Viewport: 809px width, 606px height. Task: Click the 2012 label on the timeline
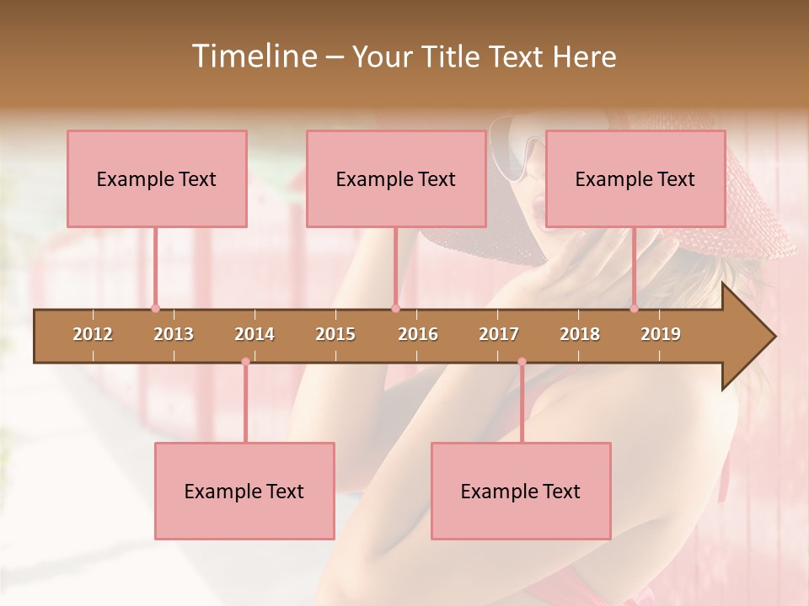pyautogui.click(x=93, y=334)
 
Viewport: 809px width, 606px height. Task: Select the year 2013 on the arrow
pyautogui.click(x=174, y=334)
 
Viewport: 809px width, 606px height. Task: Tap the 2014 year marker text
pyautogui.click(x=254, y=334)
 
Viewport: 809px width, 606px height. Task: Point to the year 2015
pyautogui.click(x=335, y=334)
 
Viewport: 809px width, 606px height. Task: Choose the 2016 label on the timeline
pyautogui.click(x=418, y=334)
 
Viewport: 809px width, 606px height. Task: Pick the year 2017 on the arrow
pyautogui.click(x=499, y=334)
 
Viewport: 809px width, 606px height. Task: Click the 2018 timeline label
pyautogui.click(x=580, y=334)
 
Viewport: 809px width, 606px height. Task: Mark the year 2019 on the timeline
pyautogui.click(x=661, y=334)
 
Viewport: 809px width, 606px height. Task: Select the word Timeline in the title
pyautogui.click(x=253, y=56)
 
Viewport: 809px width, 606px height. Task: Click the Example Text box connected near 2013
pyautogui.click(x=157, y=178)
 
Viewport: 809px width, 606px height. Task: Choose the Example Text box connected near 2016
pyautogui.click(x=396, y=178)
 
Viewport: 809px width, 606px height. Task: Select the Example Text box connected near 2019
pyautogui.click(x=635, y=178)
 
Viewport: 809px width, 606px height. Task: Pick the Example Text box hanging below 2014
pyautogui.click(x=244, y=491)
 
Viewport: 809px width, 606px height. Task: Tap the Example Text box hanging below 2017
pyautogui.click(x=521, y=491)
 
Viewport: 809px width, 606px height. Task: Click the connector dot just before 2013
pyautogui.click(x=155, y=309)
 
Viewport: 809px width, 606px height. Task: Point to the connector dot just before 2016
pyautogui.click(x=395, y=309)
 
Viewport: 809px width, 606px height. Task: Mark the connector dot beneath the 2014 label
pyautogui.click(x=245, y=362)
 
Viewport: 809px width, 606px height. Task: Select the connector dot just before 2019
pyautogui.click(x=635, y=309)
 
